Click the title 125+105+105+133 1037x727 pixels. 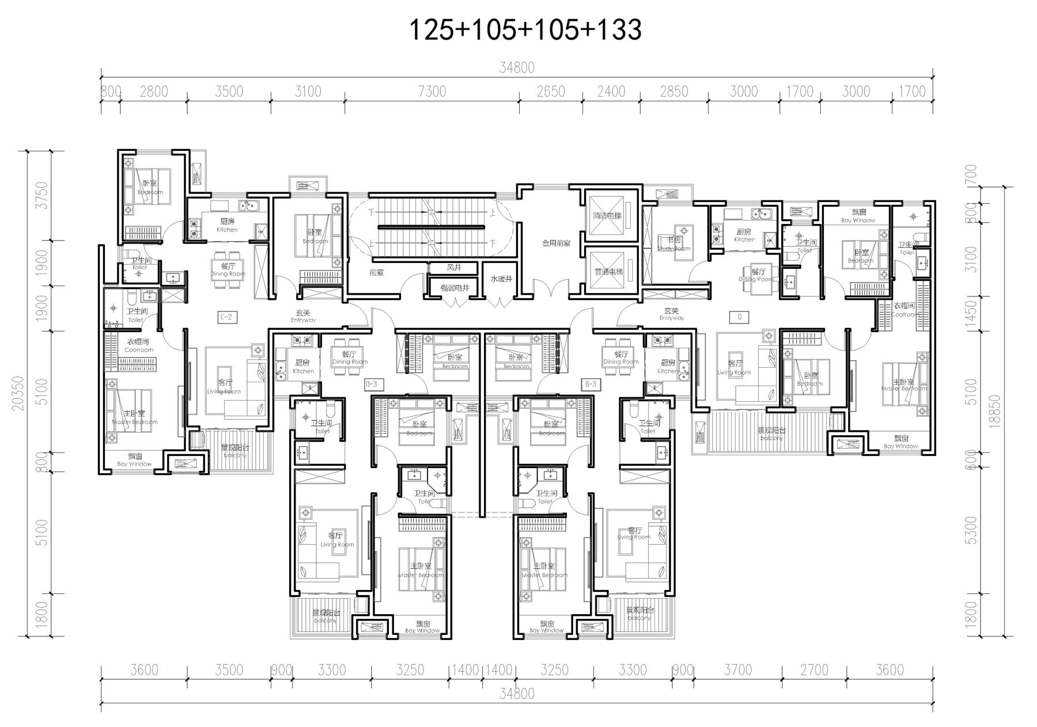pos(525,30)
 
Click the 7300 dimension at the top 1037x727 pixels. pos(432,92)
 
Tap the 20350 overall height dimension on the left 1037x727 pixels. pos(17,393)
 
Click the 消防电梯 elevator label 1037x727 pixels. pos(607,216)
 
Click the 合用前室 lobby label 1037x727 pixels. pos(556,243)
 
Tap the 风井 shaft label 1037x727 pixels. pos(454,268)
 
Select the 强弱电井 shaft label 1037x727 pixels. pos(455,287)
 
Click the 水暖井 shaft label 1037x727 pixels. pos(501,279)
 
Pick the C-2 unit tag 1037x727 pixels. pos(226,317)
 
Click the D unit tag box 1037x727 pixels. pos(739,317)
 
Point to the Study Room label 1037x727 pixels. pos(674,244)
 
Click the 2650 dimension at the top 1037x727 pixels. pos(550,92)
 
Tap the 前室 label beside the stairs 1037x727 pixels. pos(376,272)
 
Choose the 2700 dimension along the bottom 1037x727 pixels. pos(814,670)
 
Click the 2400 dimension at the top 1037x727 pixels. pos(611,92)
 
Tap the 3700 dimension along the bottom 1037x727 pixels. pos(737,670)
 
